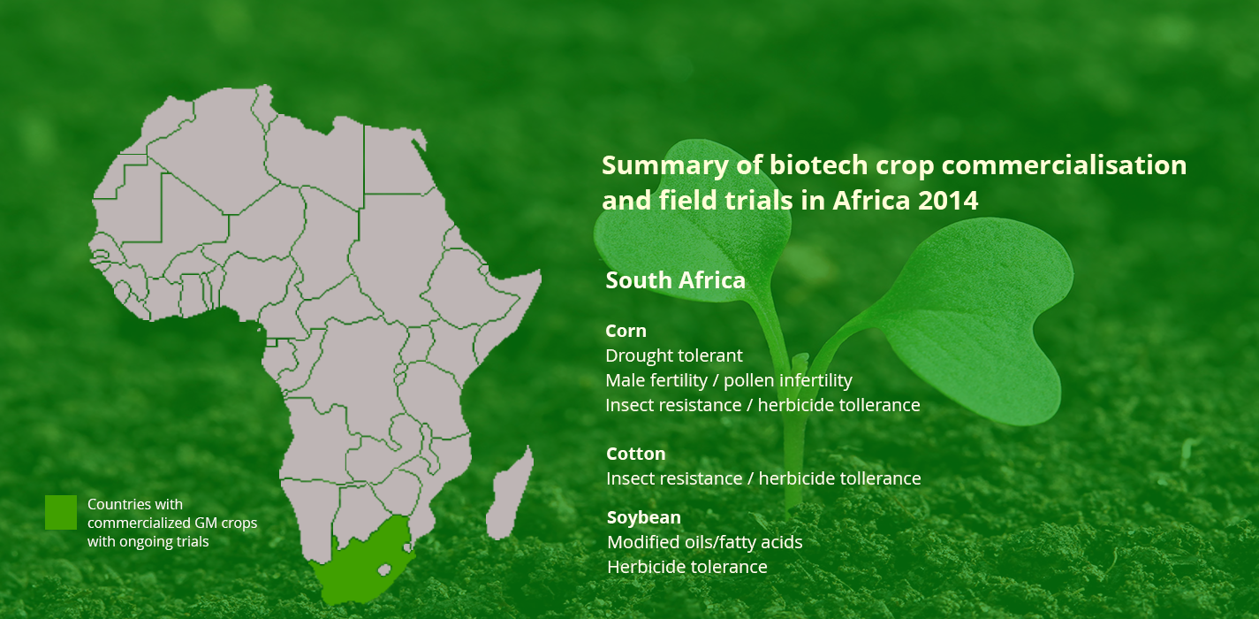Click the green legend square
[x=61, y=512]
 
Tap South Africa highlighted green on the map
[x=360, y=569]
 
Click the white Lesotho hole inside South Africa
[x=384, y=570]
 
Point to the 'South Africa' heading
[x=675, y=280]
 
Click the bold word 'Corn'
[x=626, y=331]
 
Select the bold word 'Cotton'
[x=635, y=454]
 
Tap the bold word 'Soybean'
[x=643, y=517]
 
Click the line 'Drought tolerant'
[x=674, y=355]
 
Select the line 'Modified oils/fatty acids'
[x=705, y=542]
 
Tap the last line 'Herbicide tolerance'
[x=686, y=567]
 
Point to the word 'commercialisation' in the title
[x=1064, y=165]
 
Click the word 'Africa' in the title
[x=871, y=201]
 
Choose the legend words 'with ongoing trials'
[x=148, y=542]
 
